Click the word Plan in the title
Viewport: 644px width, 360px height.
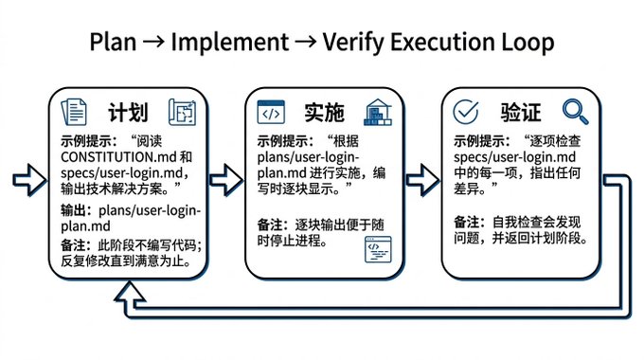[x=113, y=42]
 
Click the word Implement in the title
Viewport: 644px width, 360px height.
[x=230, y=43]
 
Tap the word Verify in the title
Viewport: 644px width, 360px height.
[x=353, y=43]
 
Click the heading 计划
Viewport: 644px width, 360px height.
[x=128, y=113]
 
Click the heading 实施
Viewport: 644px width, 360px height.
[x=324, y=113]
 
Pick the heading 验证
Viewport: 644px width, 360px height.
[x=520, y=113]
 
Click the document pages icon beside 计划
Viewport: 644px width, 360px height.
[x=74, y=112]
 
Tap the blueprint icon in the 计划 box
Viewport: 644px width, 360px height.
[x=182, y=112]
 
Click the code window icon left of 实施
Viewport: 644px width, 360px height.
[x=271, y=112]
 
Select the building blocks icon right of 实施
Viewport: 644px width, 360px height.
[x=378, y=112]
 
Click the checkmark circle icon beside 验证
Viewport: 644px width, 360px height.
[x=466, y=112]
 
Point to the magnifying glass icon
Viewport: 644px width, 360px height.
[x=575, y=112]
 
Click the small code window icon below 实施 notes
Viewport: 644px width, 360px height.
[x=378, y=249]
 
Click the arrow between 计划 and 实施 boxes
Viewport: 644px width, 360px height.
[x=226, y=180]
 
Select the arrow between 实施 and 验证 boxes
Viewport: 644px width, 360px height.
[x=422, y=180]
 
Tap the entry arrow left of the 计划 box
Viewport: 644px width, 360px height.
[x=30, y=180]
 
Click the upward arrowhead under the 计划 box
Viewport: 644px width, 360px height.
[x=130, y=293]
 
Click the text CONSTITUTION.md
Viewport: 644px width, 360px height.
[x=118, y=157]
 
